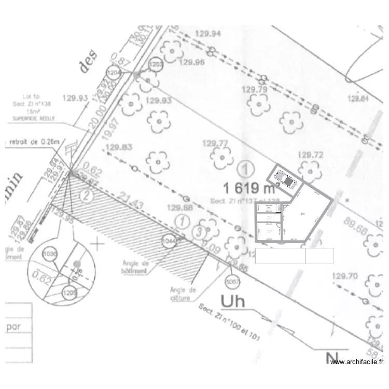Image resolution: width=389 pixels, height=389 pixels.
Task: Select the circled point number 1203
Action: pyautogui.click(x=156, y=64)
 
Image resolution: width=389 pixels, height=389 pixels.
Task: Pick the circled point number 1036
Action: pyautogui.click(x=50, y=254)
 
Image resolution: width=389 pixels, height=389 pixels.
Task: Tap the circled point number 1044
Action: pyautogui.click(x=170, y=241)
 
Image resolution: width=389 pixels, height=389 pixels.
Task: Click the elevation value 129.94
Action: pyautogui.click(x=207, y=34)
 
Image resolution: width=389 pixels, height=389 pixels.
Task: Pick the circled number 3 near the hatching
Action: pyautogui.click(x=197, y=231)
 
